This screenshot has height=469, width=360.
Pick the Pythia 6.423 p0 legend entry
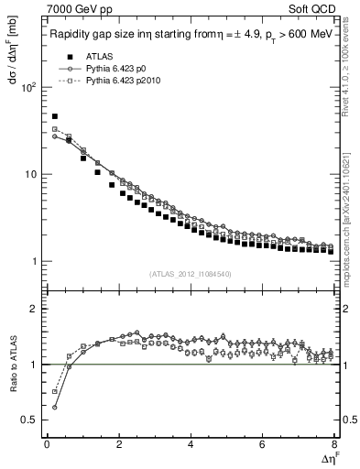(x=101, y=68)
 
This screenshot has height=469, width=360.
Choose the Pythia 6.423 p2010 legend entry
(x=107, y=81)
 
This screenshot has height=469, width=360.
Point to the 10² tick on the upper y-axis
(x=29, y=88)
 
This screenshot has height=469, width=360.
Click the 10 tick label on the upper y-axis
(x=31, y=175)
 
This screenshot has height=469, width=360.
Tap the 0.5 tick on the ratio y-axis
(x=30, y=420)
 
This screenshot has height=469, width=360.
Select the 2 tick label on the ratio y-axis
(x=35, y=310)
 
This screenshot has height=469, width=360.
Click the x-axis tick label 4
(x=191, y=444)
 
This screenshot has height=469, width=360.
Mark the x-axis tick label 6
(x=263, y=444)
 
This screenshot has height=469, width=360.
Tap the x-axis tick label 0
(x=47, y=444)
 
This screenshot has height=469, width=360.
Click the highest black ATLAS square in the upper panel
(x=55, y=117)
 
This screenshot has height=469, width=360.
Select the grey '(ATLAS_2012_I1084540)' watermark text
(x=191, y=273)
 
